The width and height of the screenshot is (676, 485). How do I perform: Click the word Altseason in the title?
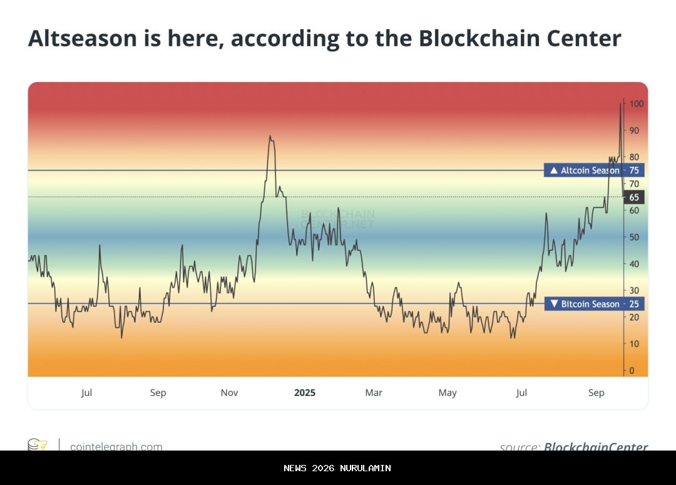pos(81,39)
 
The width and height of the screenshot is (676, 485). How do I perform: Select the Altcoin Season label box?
pos(584,170)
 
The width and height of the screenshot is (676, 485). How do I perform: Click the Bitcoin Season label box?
pos(585,304)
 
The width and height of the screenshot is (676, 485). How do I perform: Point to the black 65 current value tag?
pos(634,197)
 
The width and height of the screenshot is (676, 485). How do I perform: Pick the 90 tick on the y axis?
pos(635,130)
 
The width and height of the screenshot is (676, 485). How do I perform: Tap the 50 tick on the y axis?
pos(635,237)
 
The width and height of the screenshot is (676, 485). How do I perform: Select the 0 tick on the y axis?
pos(632,370)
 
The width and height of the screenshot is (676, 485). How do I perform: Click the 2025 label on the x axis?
pos(305,393)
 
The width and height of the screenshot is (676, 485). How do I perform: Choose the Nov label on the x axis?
pos(230,393)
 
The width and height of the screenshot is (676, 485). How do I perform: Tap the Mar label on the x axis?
pos(374,393)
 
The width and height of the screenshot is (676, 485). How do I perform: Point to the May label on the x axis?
pos(448,393)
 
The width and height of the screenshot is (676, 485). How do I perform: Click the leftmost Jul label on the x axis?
pos(86,393)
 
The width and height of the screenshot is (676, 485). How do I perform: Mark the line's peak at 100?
pos(620,104)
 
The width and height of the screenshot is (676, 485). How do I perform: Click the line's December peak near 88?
pos(270,136)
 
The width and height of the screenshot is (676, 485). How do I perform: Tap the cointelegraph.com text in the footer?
pos(116,446)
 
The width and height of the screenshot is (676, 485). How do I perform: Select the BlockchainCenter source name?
pos(596,446)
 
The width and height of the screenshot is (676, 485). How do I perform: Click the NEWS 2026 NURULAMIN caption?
pos(337,468)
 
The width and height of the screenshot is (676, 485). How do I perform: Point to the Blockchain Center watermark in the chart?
pos(338,219)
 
